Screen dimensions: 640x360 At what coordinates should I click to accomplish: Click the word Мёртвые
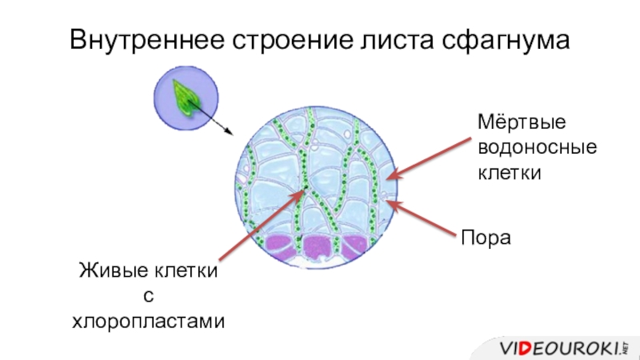pyautogui.click(x=522, y=125)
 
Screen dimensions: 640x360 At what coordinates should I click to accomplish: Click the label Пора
pyautogui.click(x=484, y=238)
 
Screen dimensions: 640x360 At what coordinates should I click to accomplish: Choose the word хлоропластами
pyautogui.click(x=149, y=322)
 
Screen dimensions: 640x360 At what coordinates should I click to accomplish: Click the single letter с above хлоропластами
pyautogui.click(x=147, y=297)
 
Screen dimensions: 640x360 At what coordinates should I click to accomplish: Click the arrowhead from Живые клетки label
pyautogui.click(x=303, y=191)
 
